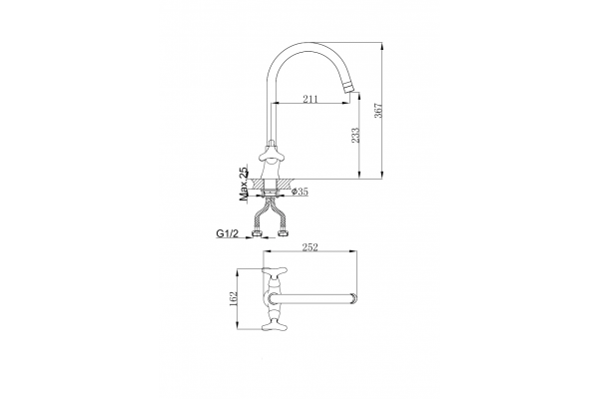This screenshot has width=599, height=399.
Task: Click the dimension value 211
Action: (310, 100)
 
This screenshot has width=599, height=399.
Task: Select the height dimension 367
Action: (378, 111)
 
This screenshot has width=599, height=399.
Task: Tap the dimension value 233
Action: (355, 136)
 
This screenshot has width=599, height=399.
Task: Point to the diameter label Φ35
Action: (299, 192)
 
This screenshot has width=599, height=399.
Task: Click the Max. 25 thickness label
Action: (244, 184)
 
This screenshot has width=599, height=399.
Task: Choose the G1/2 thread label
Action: (228, 233)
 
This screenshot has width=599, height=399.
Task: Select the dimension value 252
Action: (310, 247)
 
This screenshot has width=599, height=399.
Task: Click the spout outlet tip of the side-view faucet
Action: (350, 90)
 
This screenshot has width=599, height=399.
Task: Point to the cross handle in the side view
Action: (271, 154)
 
